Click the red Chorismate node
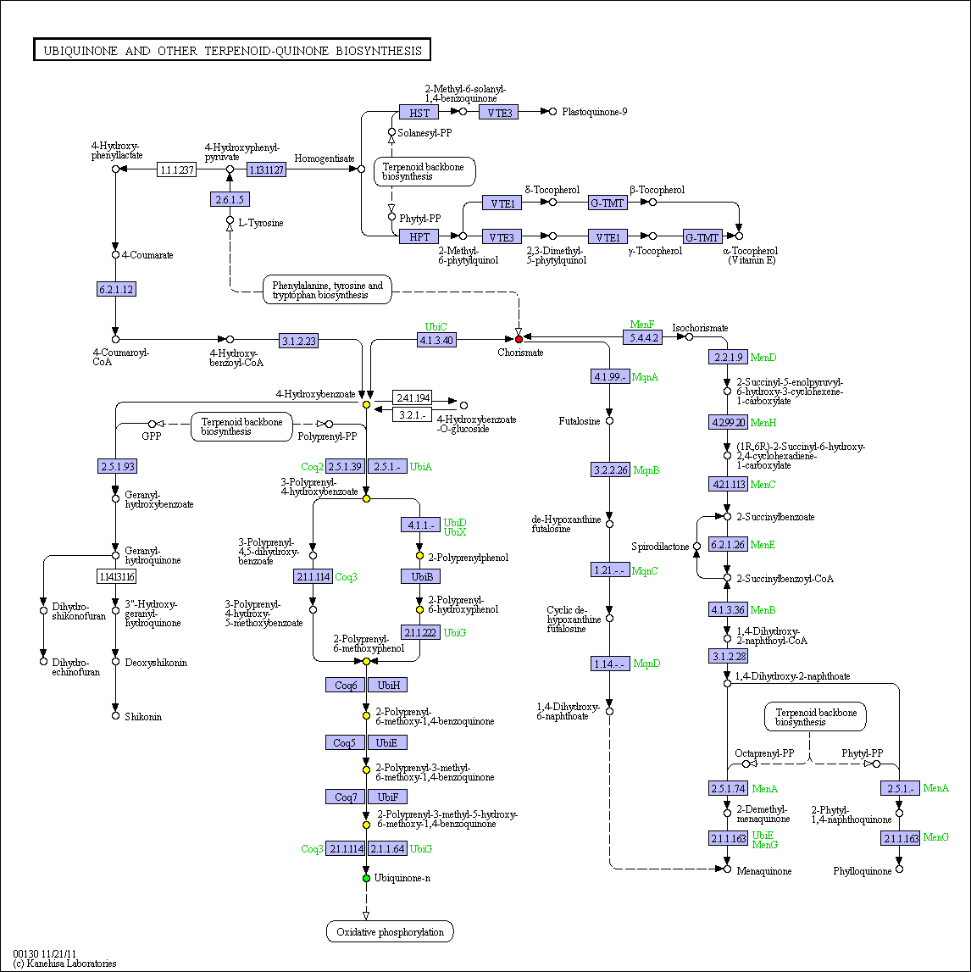519,339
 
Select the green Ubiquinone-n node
366,878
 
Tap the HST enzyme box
419,112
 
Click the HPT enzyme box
419,236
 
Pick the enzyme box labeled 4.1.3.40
436,340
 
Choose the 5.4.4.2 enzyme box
642,337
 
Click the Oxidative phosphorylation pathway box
390,931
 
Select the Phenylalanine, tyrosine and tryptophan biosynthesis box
327,290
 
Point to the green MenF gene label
642,325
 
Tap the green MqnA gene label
645,377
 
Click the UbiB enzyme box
421,576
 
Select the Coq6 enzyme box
345,685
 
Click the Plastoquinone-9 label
594,112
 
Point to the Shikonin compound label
143,717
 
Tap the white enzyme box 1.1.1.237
176,169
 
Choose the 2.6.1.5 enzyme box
230,200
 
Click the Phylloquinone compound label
862,871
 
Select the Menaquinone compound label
764,871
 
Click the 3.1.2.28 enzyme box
729,656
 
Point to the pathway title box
232,50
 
